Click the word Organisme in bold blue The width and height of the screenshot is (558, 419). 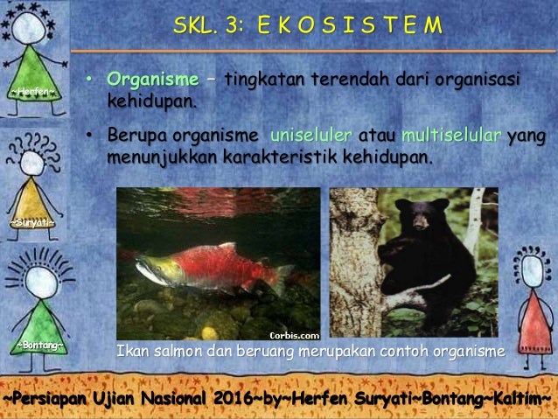click(152, 80)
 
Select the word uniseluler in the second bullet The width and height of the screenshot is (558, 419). click(311, 136)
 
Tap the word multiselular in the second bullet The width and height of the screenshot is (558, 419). click(451, 136)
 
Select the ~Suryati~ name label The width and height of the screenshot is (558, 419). click(33, 222)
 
